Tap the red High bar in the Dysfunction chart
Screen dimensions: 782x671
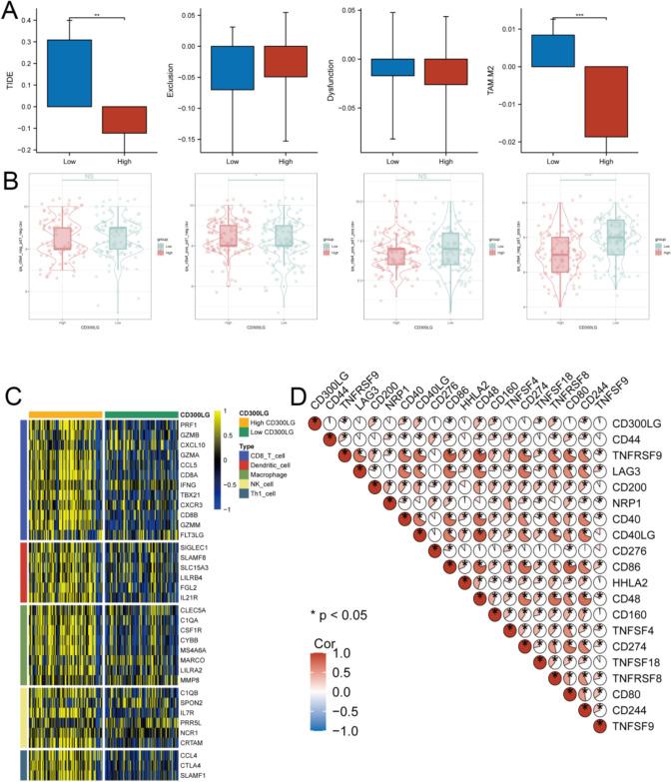(x=445, y=71)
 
